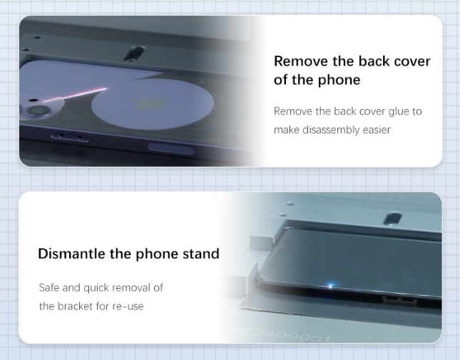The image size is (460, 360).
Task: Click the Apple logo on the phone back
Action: (149, 103)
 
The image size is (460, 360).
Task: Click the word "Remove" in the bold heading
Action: (301, 61)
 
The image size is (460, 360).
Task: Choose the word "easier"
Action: (377, 130)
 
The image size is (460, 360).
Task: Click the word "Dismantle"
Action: (72, 254)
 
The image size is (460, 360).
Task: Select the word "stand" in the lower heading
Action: (201, 254)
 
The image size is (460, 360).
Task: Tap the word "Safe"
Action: (49, 287)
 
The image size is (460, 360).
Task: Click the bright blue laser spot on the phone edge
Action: (330, 286)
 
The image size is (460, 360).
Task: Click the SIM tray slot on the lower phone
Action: (399, 301)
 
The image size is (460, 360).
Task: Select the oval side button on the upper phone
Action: (170, 148)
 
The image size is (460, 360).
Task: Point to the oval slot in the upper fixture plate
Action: (134, 53)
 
